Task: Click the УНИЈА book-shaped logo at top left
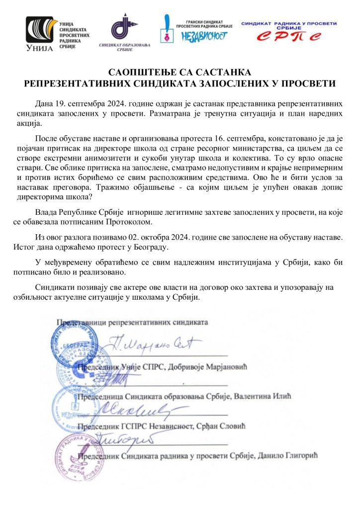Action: click(x=41, y=33)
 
